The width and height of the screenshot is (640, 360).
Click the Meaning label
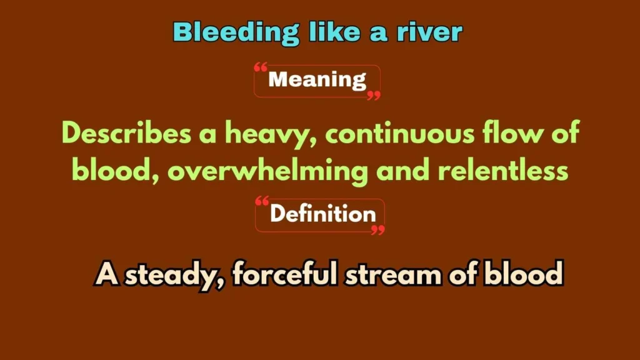pos(317,80)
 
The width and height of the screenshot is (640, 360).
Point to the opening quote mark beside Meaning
pos(261,67)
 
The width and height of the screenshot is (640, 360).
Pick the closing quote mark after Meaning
pos(373,95)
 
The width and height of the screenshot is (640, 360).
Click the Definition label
pos(322,214)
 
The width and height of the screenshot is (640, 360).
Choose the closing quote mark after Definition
pos(377,230)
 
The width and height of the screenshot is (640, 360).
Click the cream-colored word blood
pos(526,276)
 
